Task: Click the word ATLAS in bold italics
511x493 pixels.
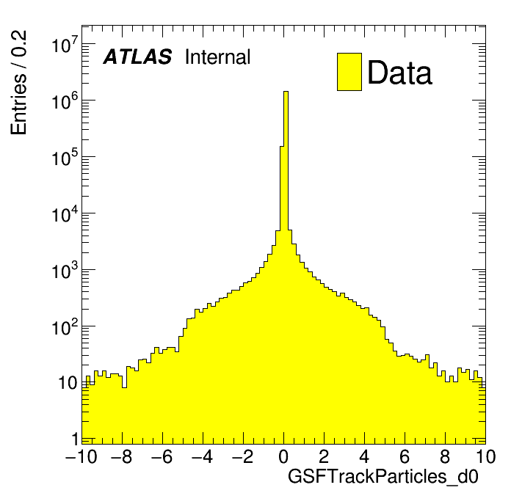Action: (x=137, y=57)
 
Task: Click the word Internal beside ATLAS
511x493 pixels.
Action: (x=217, y=57)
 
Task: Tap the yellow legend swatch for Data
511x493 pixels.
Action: (x=349, y=72)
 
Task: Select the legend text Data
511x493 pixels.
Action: (x=399, y=73)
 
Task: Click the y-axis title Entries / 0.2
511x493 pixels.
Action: (x=19, y=83)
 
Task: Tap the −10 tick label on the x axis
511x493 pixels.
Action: (x=81, y=457)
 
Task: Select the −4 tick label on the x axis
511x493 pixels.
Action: (x=203, y=457)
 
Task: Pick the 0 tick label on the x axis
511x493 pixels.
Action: (x=284, y=457)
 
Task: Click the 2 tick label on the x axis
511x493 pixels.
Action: (x=324, y=457)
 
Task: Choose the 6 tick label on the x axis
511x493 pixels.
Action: (x=405, y=457)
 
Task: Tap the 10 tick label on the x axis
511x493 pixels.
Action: (x=481, y=457)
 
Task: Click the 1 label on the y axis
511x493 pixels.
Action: (x=73, y=439)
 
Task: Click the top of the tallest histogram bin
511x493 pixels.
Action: (x=286, y=92)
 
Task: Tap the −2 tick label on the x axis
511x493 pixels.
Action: (x=243, y=457)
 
